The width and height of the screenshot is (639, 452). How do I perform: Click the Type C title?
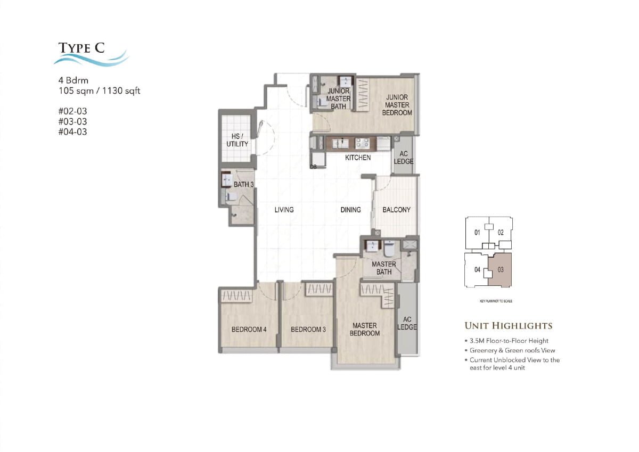(x=81, y=48)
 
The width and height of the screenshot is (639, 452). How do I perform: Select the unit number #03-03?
(x=72, y=121)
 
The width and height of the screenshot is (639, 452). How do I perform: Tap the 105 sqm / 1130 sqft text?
(x=99, y=91)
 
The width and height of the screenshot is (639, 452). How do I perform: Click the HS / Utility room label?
(x=237, y=141)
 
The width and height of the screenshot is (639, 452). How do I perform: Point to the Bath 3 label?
(x=243, y=184)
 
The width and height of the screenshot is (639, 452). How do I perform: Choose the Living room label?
(x=284, y=210)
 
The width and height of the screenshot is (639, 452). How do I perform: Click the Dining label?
(x=350, y=210)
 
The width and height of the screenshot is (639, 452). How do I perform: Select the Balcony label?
(x=396, y=210)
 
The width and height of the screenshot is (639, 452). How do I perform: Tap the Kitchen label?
(x=358, y=158)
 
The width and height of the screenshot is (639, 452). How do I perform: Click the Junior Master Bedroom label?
(x=397, y=105)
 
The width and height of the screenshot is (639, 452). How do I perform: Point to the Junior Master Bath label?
(x=338, y=99)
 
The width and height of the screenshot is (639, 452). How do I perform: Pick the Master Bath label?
(x=383, y=268)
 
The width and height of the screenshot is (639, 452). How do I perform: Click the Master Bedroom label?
(x=365, y=329)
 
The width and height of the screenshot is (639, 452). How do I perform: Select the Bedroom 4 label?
(x=249, y=330)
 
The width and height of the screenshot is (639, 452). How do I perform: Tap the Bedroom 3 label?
(x=308, y=330)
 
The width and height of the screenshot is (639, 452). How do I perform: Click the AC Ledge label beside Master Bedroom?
(x=407, y=323)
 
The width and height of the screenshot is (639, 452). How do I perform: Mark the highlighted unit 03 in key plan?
(x=501, y=270)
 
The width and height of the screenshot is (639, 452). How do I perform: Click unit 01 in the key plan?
(x=477, y=233)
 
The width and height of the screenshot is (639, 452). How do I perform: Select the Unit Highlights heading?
(x=508, y=326)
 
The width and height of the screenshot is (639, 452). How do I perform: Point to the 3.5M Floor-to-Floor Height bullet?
(x=509, y=341)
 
